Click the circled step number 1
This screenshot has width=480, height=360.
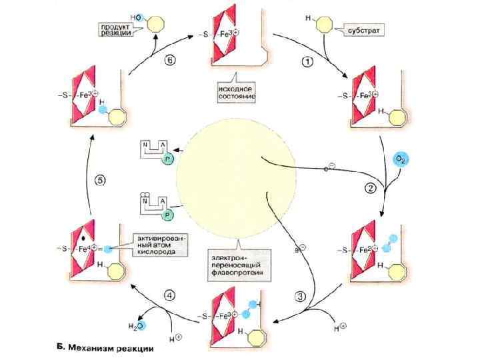[308, 62]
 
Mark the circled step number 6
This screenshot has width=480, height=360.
[170, 59]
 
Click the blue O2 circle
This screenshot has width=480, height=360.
[401, 160]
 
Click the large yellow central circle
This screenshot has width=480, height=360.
[234, 175]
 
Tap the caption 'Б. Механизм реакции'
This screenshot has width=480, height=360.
[103, 347]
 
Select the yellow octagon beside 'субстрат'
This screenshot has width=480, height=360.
[323, 25]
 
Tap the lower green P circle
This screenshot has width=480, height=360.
[167, 214]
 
